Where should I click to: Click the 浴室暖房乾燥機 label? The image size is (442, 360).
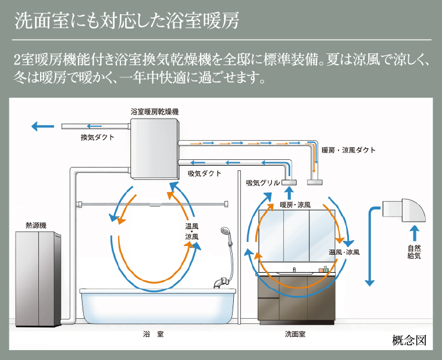(155, 112)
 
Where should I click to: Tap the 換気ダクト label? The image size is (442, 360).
(97, 137)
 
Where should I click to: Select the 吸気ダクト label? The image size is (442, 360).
(204, 174)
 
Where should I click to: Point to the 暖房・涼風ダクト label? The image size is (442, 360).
(349, 150)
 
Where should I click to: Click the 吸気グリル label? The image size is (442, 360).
(263, 183)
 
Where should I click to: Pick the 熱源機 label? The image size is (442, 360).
(36, 226)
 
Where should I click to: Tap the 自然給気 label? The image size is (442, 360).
(414, 252)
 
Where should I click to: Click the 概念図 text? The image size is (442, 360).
(409, 341)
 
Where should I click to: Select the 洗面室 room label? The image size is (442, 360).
(295, 334)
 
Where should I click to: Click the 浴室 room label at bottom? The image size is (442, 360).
(154, 334)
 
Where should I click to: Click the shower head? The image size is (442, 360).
(225, 232)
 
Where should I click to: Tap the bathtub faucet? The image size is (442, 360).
(221, 283)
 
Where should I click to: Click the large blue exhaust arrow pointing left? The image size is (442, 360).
(42, 126)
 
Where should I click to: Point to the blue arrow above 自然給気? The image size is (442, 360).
(414, 233)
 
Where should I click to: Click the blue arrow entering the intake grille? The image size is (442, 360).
(289, 194)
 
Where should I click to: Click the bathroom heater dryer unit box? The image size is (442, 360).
(155, 148)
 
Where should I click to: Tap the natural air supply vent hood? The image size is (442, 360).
(404, 211)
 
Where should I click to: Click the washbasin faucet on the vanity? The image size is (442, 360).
(294, 270)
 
